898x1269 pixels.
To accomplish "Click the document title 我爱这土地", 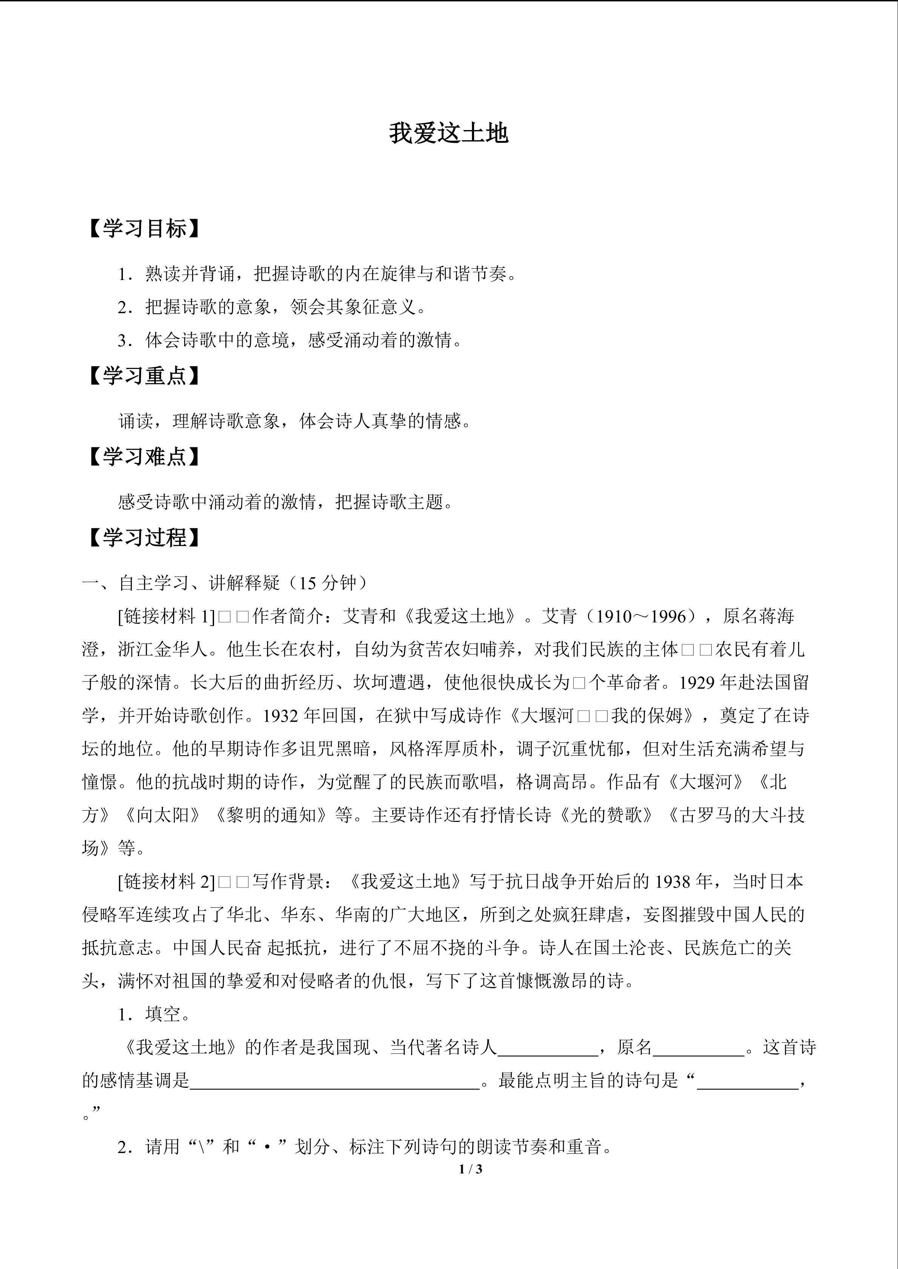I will [x=448, y=134].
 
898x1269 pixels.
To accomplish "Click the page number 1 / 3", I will [x=471, y=1169].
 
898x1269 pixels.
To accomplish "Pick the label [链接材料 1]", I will [x=166, y=616].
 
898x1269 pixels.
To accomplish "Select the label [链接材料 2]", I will [x=166, y=882].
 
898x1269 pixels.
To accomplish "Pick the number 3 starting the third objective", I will [x=122, y=340].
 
